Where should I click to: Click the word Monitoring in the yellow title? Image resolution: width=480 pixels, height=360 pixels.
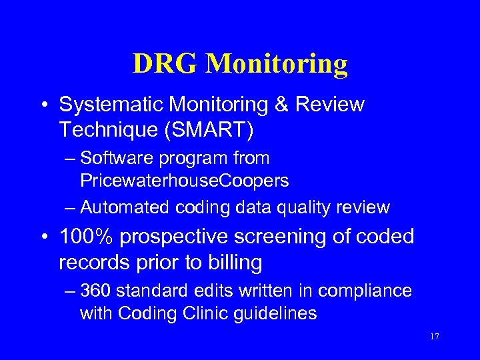(x=277, y=64)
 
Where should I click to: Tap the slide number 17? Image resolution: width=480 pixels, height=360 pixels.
(x=434, y=337)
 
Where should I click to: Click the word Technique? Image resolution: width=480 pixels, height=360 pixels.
(x=107, y=130)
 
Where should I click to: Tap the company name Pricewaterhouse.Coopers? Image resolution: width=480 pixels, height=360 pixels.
(x=185, y=180)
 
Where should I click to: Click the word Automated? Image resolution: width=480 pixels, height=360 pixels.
(x=125, y=207)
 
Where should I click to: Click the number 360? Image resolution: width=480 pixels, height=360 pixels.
(x=96, y=291)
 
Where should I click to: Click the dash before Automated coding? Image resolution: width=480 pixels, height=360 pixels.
(x=70, y=207)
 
